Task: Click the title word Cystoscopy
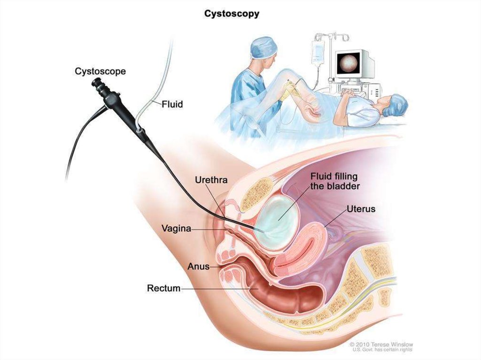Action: (231, 14)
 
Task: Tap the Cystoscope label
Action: (100, 71)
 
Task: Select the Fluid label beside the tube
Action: (172, 104)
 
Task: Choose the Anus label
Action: (198, 267)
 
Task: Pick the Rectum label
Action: (163, 288)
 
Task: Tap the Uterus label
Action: (361, 208)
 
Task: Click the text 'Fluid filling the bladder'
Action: (334, 181)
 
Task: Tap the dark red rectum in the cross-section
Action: (282, 293)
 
